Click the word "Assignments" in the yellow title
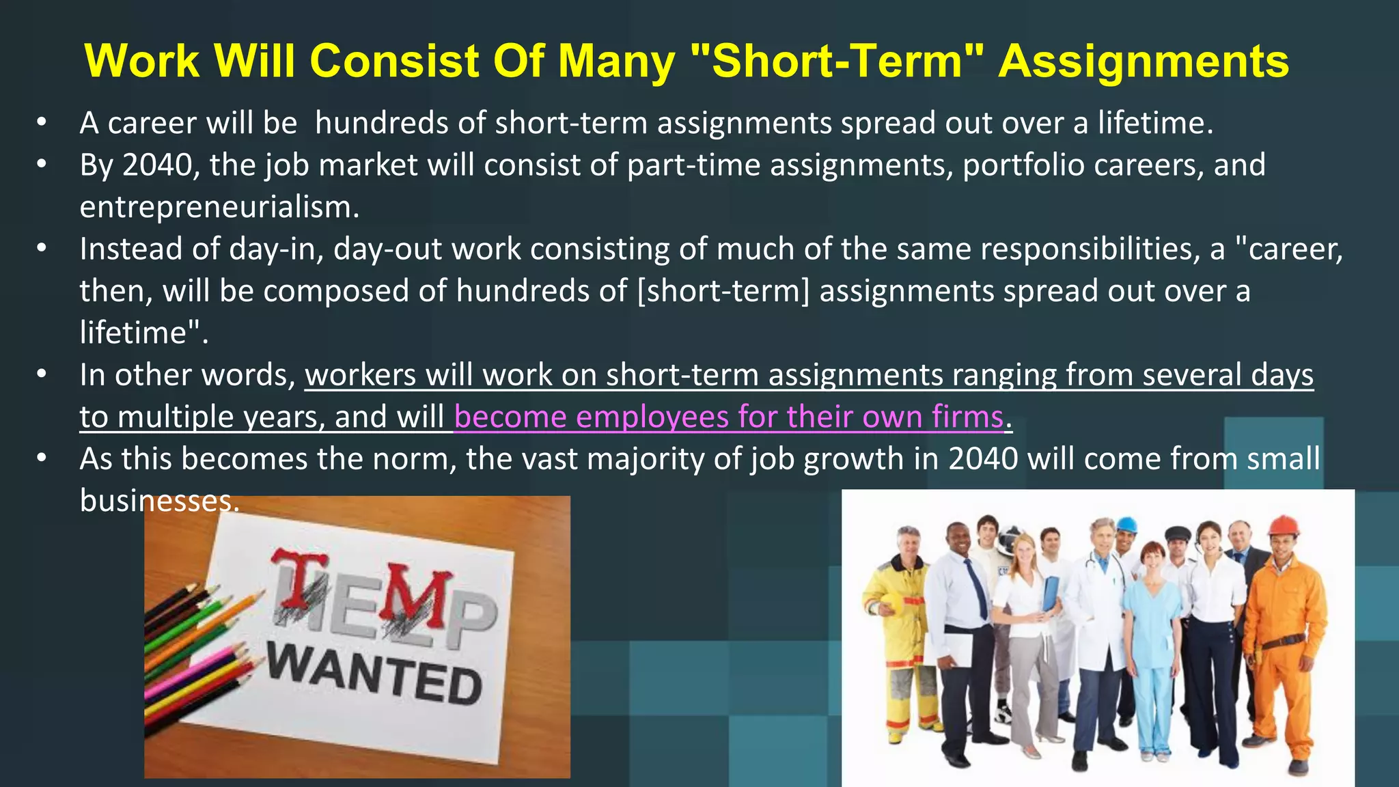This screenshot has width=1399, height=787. tap(1144, 61)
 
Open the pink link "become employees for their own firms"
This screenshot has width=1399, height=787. tap(729, 417)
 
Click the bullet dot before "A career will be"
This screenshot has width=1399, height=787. tap(42, 123)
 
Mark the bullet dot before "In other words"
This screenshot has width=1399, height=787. tap(42, 375)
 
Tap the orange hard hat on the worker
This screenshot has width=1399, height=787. tap(1282, 525)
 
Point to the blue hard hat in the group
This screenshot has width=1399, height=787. tap(1126, 525)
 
